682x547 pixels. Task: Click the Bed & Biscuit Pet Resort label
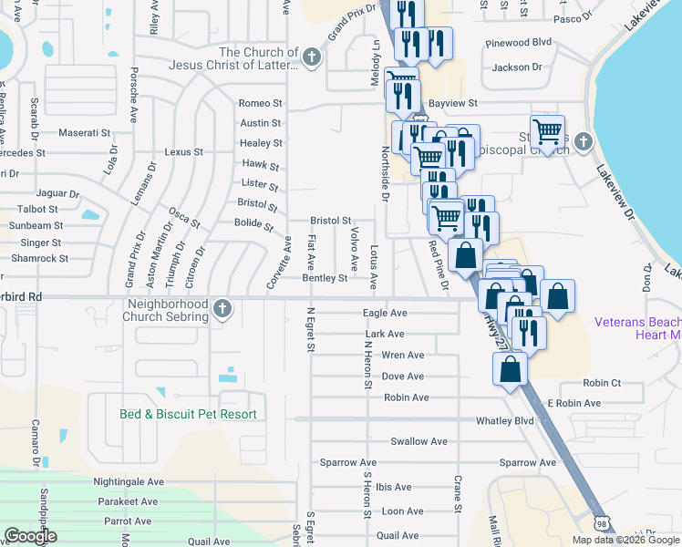click(x=188, y=414)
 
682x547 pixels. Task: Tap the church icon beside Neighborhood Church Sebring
click(x=222, y=311)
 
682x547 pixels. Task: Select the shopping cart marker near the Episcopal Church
click(x=547, y=131)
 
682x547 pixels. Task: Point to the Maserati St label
click(x=84, y=133)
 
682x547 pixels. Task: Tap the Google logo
click(x=30, y=536)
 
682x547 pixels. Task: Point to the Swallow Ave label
click(x=418, y=441)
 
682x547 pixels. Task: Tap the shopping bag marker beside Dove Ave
click(x=511, y=369)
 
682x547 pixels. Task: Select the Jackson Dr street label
click(x=516, y=67)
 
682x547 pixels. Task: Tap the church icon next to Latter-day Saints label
click(x=311, y=58)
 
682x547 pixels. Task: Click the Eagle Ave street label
click(x=384, y=313)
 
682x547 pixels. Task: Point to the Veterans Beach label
click(x=637, y=322)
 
